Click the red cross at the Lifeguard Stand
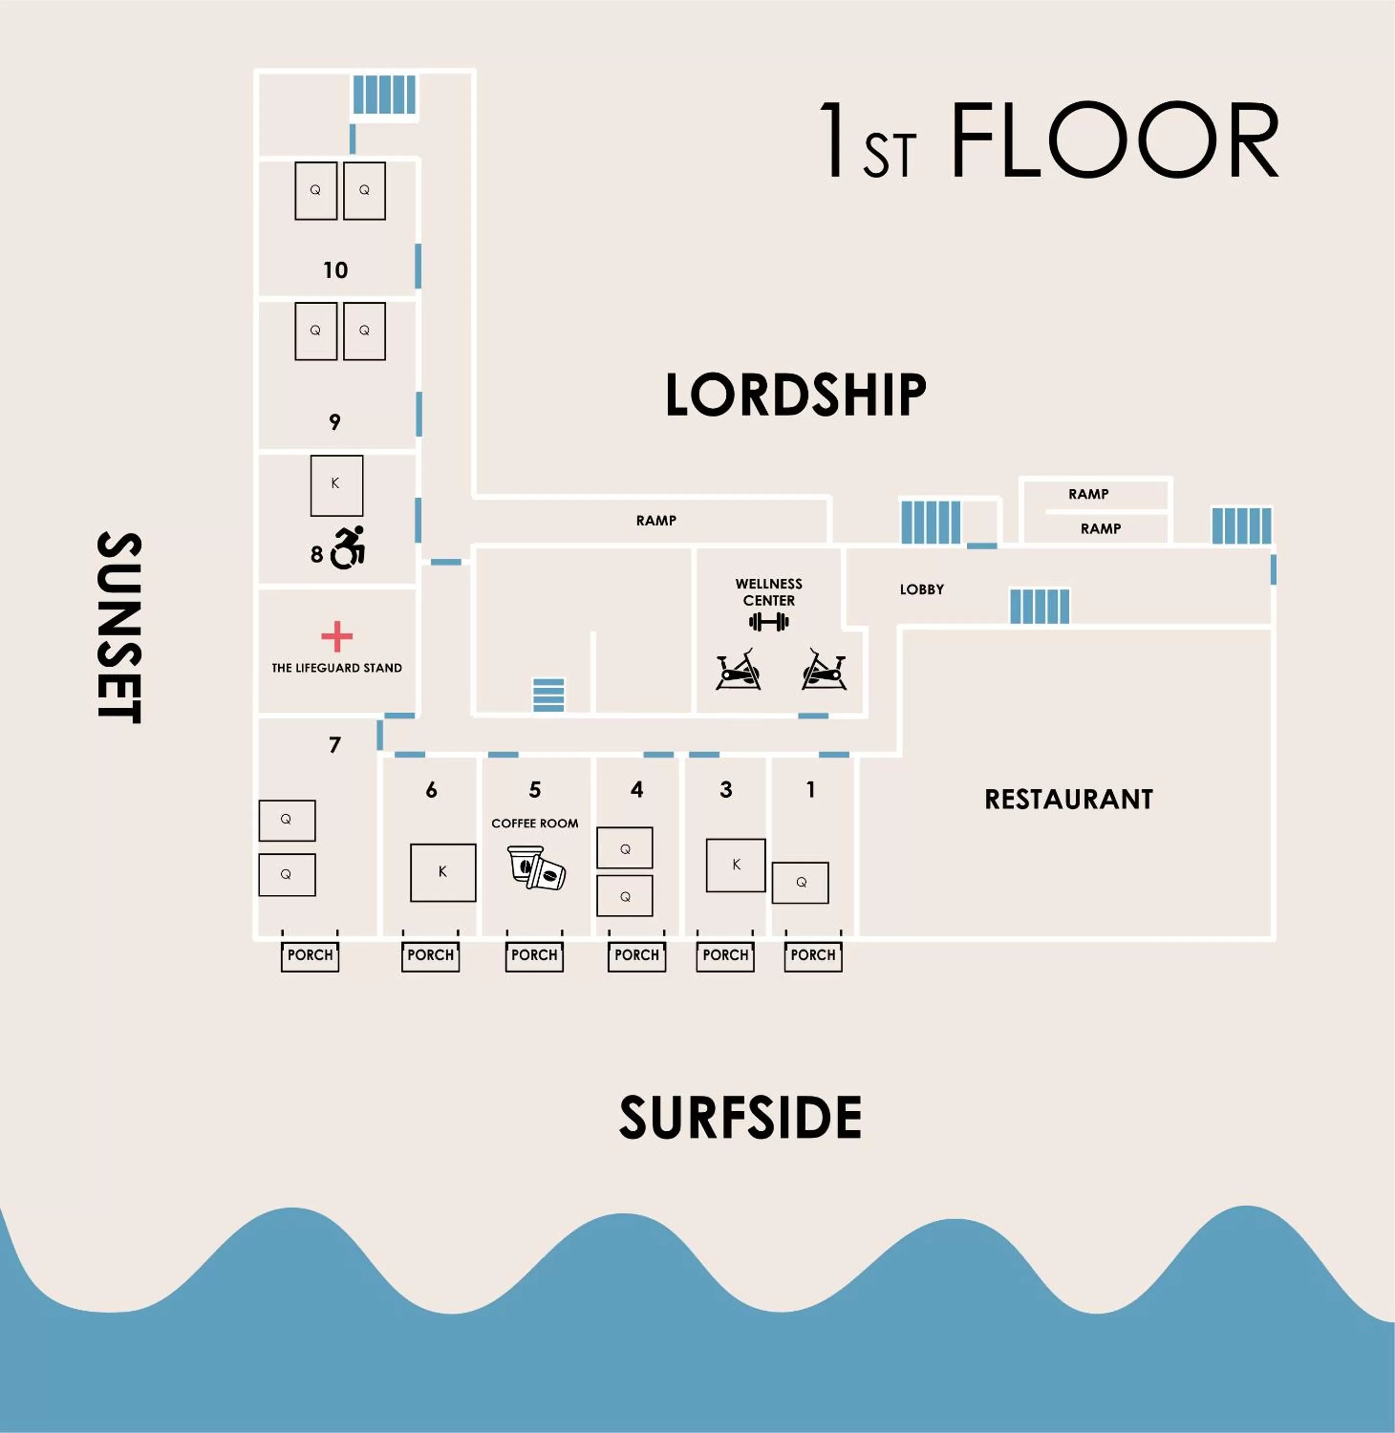click(x=336, y=636)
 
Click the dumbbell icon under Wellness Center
click(x=769, y=622)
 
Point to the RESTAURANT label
click(x=1068, y=799)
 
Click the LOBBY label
click(x=921, y=589)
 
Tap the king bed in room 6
click(x=443, y=872)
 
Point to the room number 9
click(x=335, y=422)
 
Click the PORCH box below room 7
click(x=310, y=955)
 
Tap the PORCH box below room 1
click(x=813, y=955)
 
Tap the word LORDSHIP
click(x=796, y=395)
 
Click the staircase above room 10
click(x=384, y=95)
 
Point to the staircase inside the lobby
click(x=1039, y=606)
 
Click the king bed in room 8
click(x=336, y=485)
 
